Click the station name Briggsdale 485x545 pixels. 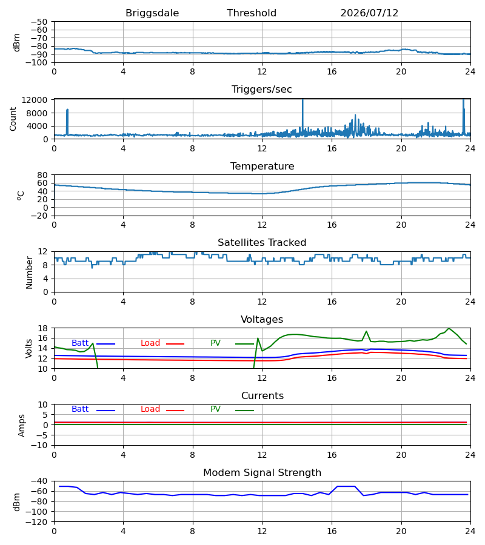click(152, 13)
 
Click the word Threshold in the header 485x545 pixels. click(252, 13)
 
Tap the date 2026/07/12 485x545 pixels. click(369, 13)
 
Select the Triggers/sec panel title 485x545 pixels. click(262, 90)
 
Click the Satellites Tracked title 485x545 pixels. click(262, 242)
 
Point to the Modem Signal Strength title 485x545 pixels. click(262, 473)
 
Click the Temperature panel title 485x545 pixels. click(262, 166)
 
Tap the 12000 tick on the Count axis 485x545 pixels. click(35, 100)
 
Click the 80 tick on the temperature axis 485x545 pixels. click(42, 175)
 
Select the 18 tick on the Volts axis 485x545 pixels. click(42, 328)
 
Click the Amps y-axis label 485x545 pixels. click(22, 425)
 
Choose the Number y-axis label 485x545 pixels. click(29, 272)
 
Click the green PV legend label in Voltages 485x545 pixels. click(215, 343)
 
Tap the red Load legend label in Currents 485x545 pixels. click(150, 409)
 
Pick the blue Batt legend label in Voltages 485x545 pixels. click(80, 343)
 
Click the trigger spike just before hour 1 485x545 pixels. click(67, 110)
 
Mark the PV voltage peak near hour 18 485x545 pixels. click(366, 331)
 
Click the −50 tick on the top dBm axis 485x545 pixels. click(39, 22)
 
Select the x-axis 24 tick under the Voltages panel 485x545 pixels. click(470, 378)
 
